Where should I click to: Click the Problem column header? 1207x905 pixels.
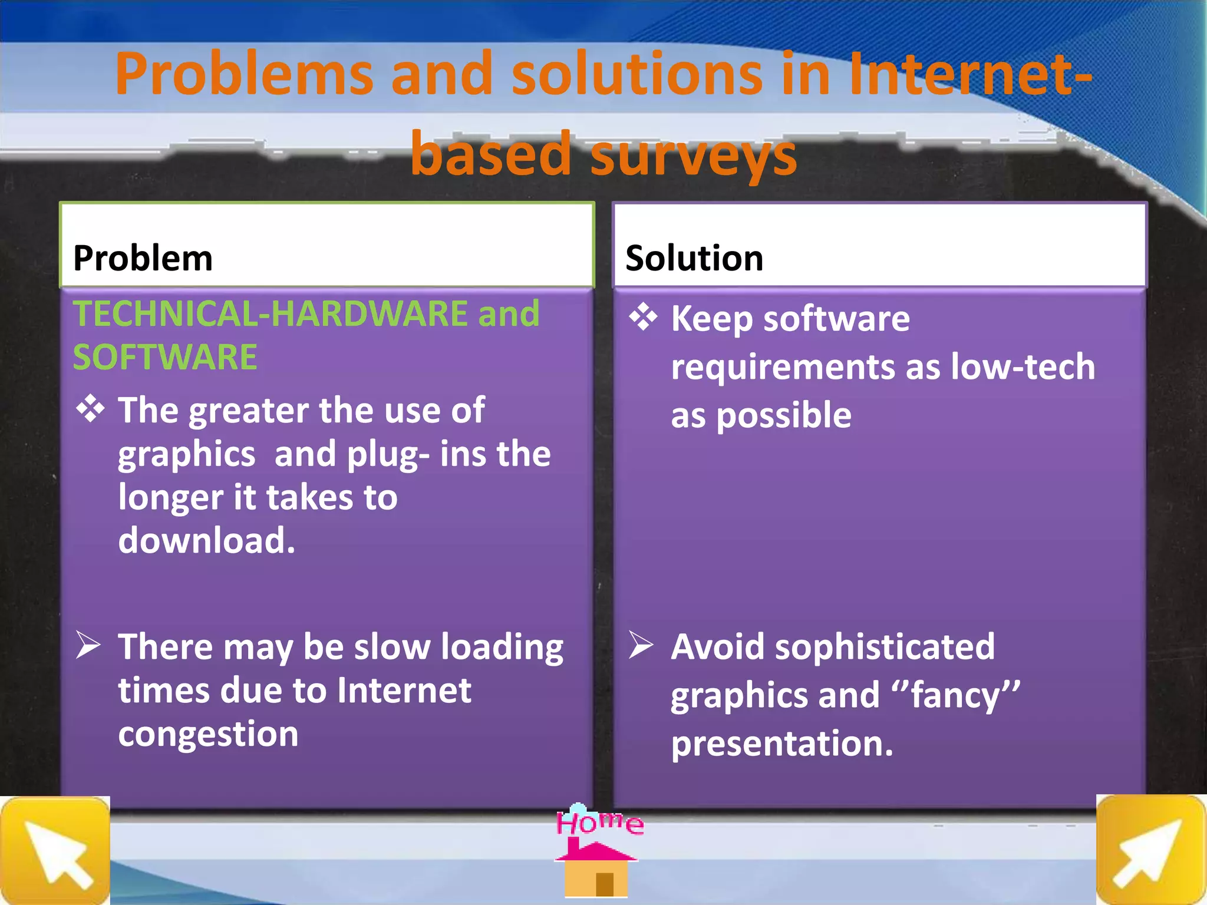tap(143, 258)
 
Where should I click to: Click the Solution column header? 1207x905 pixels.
tap(694, 258)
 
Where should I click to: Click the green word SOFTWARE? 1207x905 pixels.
tap(165, 357)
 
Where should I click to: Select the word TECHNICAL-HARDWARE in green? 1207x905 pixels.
tap(271, 313)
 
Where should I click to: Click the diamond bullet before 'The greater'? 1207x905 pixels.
tap(90, 408)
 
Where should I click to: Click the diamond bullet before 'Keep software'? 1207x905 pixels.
tap(642, 317)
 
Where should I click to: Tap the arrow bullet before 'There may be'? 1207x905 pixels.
tap(88, 645)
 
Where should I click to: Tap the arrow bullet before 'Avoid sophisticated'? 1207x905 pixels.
tap(641, 645)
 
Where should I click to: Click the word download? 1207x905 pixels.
tap(206, 540)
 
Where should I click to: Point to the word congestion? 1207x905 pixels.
tap(208, 734)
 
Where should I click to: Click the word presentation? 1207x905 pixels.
tap(781, 744)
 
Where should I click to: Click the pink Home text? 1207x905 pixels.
tap(599, 823)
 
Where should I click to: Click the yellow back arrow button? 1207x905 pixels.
tap(55, 851)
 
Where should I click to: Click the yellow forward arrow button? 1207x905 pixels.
tap(1150, 851)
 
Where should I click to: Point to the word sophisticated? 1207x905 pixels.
tap(885, 647)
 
